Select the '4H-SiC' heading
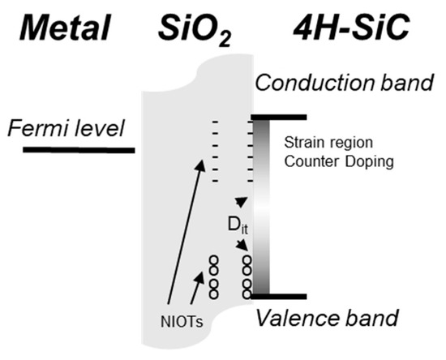pyautogui.click(x=350, y=29)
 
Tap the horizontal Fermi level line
pyautogui.click(x=79, y=150)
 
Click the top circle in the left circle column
pyautogui.click(x=214, y=259)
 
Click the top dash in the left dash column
pyautogui.click(x=215, y=123)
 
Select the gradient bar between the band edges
pyautogui.click(x=262, y=207)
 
